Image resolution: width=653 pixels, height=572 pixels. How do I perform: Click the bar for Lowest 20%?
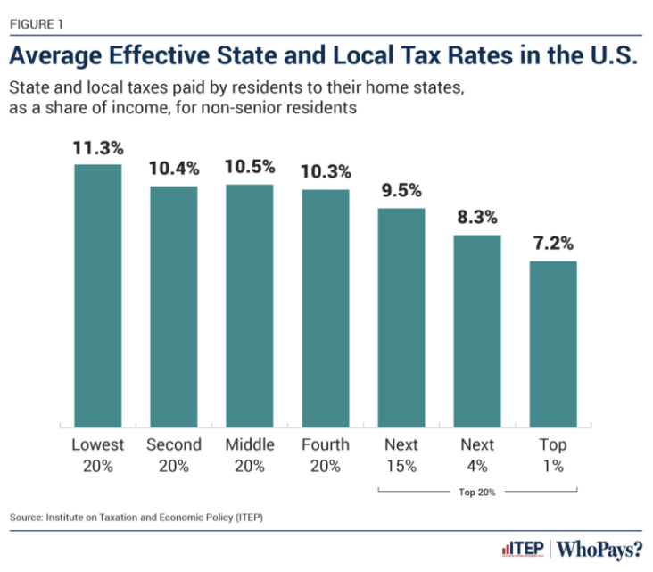click(97, 294)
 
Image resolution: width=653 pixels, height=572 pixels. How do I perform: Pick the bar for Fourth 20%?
click(325, 307)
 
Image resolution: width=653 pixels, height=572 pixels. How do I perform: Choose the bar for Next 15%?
click(401, 316)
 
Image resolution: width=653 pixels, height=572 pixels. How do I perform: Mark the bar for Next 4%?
click(477, 330)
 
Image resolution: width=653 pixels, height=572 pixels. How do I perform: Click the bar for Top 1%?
click(553, 343)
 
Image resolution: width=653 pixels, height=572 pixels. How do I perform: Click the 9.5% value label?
click(401, 192)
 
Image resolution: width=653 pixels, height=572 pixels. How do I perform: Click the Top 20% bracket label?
click(477, 491)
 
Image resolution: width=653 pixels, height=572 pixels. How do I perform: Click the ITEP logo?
click(524, 548)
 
